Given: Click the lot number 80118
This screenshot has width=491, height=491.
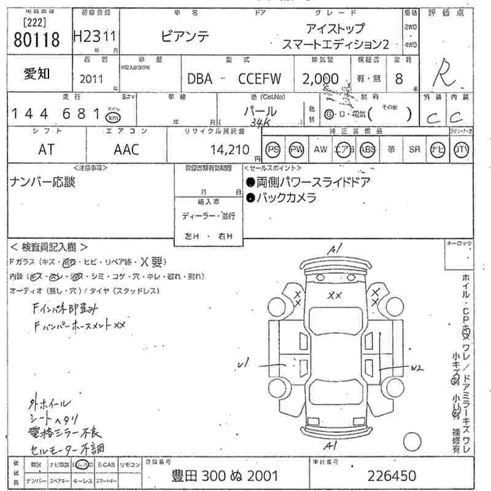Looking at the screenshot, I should [x=36, y=40].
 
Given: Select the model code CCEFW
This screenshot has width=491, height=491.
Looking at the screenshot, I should [x=259, y=79].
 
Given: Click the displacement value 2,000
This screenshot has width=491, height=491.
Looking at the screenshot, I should [x=320, y=79].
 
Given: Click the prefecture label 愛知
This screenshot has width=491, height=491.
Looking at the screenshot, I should [x=37, y=74].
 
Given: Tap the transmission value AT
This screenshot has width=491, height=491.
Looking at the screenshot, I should [x=46, y=149].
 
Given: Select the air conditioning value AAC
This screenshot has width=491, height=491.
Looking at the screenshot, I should [x=126, y=149].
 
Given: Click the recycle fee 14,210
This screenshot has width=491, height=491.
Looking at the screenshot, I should [x=230, y=149].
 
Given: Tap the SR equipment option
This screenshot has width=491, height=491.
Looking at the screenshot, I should [x=414, y=149].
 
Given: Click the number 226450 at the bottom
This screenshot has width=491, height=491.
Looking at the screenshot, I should [x=392, y=476].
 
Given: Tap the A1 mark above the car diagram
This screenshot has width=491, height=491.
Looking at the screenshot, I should [x=334, y=250].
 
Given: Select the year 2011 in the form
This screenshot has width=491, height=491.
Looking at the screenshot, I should [x=92, y=79].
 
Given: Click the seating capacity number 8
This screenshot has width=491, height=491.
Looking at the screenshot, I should [x=400, y=79].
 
